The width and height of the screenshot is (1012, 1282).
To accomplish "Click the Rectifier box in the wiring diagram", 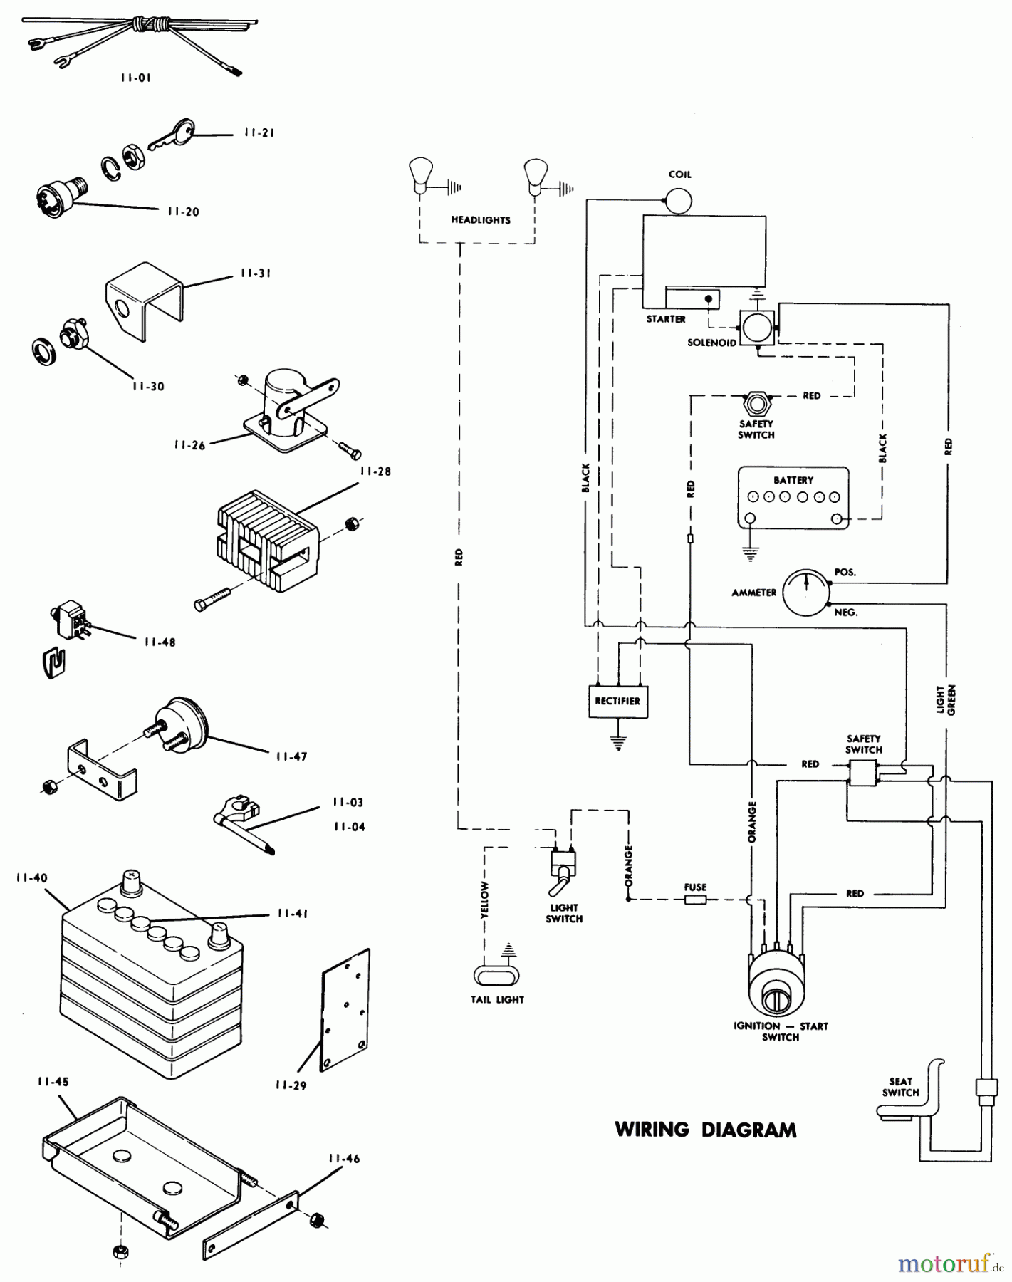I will (x=617, y=701).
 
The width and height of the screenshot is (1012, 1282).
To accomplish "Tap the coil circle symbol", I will (x=678, y=201).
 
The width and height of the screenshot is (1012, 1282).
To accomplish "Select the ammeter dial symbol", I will (x=806, y=592).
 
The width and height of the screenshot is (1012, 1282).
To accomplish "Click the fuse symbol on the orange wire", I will (x=695, y=900).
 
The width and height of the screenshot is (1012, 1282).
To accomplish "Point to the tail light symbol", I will (x=496, y=975).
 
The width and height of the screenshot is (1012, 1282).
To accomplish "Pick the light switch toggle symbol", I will (x=562, y=872).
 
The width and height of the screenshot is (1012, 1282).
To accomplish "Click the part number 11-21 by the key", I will (x=259, y=132).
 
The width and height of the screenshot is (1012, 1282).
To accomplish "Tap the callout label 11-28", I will (x=375, y=471).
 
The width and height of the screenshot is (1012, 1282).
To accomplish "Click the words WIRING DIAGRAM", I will (x=705, y=1130).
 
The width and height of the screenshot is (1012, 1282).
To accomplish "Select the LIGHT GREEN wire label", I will (x=946, y=700).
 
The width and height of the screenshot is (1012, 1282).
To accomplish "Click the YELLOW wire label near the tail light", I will (x=484, y=899).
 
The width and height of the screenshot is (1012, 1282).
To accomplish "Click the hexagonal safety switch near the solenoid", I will (x=756, y=403).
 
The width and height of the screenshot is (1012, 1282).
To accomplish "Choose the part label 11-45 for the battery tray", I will (x=53, y=1081).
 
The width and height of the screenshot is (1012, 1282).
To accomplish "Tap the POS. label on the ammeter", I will (x=845, y=573).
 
